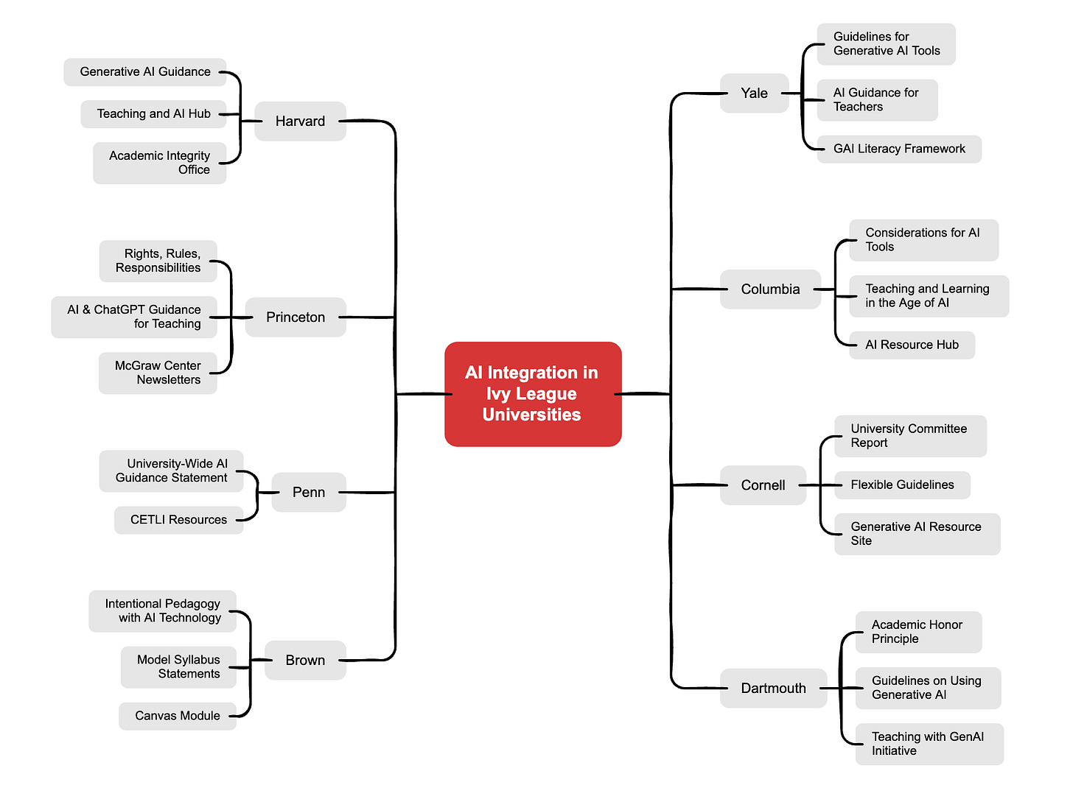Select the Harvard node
[300, 122]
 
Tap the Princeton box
[296, 317]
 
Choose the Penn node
[308, 492]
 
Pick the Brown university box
[305, 660]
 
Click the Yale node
[754, 94]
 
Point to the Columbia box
[770, 289]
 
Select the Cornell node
[763, 485]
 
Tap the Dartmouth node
[773, 689]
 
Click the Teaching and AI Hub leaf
[153, 114]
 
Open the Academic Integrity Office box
[159, 163]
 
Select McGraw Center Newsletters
[158, 373]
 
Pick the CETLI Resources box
[178, 520]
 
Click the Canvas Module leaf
[178, 716]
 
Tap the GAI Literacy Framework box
[899, 149]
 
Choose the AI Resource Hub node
[912, 345]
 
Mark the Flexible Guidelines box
[902, 485]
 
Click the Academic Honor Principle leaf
[918, 632]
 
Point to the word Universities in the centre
[531, 415]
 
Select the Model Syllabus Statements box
[178, 667]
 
